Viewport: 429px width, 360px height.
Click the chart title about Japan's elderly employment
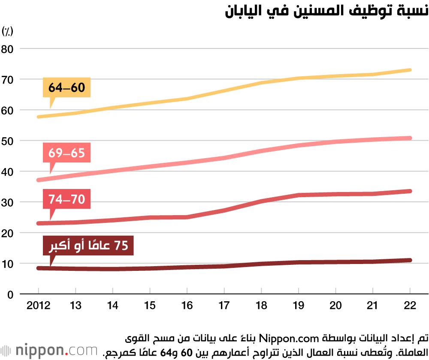coord(326,11)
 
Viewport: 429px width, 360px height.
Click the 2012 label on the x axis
coord(38,305)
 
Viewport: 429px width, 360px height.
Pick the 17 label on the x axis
coord(224,305)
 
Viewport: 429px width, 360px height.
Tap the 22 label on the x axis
coord(410,305)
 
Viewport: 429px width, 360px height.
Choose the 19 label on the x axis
coord(299,305)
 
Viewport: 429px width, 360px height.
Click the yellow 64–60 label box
coord(66,88)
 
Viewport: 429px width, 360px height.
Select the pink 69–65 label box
coord(66,153)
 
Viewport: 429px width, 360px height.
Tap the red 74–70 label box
coord(66,199)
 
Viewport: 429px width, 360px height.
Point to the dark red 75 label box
coord(88,246)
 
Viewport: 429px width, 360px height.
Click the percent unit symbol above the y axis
coord(8,31)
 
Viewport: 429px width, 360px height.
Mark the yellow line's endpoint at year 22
coord(410,70)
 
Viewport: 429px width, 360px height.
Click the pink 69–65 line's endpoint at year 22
coord(410,138)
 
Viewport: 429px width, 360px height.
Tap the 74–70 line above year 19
coord(299,195)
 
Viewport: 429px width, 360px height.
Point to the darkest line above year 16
coord(187,267)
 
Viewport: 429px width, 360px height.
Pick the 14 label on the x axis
coord(113,305)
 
